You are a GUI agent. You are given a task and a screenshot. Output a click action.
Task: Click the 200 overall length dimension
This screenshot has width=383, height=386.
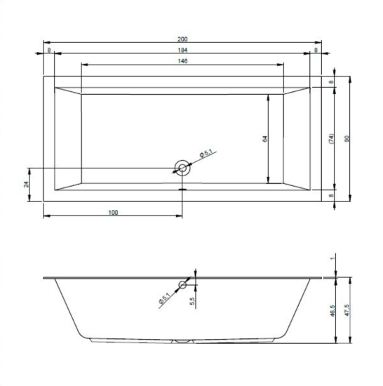182,39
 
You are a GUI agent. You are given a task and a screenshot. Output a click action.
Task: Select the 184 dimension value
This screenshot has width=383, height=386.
182,50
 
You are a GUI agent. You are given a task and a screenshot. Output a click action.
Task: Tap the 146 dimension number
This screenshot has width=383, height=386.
182,61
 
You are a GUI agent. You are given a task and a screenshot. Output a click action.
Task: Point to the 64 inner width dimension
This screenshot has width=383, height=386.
265,139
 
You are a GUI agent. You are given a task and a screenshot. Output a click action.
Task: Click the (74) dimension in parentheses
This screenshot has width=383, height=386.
331,139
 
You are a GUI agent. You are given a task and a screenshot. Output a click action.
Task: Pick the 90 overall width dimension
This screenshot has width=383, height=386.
347,139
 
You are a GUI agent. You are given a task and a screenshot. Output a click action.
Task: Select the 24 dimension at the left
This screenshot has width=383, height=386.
26,185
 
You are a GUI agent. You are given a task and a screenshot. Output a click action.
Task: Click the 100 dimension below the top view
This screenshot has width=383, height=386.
113,212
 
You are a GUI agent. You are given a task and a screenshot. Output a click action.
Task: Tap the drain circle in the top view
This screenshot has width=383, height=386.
182,168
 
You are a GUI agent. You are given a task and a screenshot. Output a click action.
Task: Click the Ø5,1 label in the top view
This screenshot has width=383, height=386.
206,154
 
